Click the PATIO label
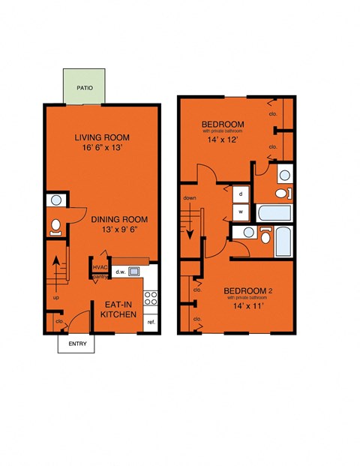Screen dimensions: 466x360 click(x=84, y=87)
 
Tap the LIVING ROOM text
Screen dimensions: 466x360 click(x=101, y=137)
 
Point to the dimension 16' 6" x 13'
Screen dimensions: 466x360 click(x=102, y=149)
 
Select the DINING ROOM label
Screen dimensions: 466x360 click(x=119, y=219)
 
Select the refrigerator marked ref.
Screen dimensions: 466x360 click(x=151, y=322)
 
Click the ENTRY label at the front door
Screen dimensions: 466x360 click(x=77, y=344)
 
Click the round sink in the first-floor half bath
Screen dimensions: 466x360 click(x=55, y=201)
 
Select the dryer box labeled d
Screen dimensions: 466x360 click(x=241, y=192)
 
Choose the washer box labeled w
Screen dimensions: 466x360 click(x=241, y=211)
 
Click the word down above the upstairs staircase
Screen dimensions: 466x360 click(x=189, y=199)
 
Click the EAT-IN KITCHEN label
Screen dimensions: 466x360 click(x=118, y=309)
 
